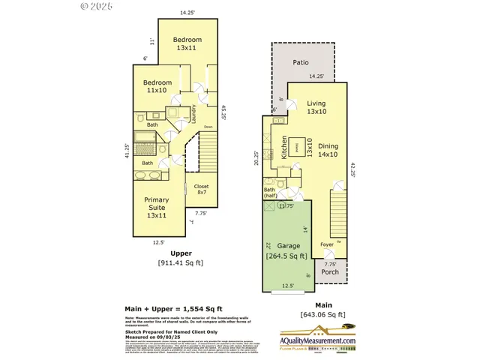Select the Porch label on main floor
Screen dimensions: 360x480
(330, 271)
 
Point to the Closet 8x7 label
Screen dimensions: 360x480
(202, 190)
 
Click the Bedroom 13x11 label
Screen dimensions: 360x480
(187, 43)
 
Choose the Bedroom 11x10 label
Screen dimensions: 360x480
(158, 86)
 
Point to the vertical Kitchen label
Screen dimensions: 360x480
(284, 146)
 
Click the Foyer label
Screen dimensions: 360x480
(327, 244)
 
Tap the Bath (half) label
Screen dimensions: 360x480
(270, 193)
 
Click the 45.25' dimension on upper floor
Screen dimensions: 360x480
(223, 112)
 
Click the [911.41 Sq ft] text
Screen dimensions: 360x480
(180, 263)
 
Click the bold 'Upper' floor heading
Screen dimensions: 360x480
(180, 253)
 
